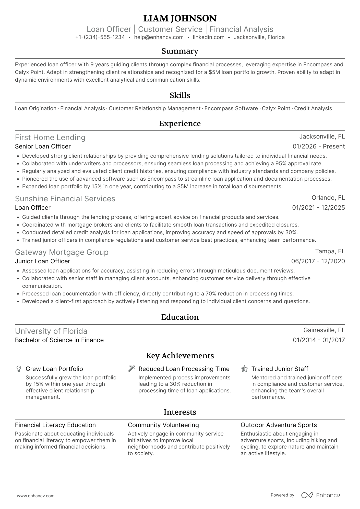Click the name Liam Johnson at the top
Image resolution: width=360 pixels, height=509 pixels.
click(x=180, y=18)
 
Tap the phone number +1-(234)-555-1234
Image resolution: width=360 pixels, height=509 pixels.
click(x=100, y=37)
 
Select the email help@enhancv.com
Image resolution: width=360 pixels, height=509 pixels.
click(x=159, y=37)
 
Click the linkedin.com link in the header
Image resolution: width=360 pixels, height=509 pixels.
click(x=209, y=37)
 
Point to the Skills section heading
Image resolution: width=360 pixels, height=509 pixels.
click(x=180, y=95)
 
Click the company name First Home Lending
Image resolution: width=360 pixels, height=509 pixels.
click(x=50, y=138)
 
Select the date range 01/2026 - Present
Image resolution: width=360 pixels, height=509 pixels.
click(x=319, y=146)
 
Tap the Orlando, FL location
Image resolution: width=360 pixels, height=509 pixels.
click(x=328, y=198)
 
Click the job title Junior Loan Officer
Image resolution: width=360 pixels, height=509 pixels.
click(x=42, y=261)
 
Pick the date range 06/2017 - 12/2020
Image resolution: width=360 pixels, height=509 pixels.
click(x=318, y=261)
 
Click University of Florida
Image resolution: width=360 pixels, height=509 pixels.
click(x=51, y=331)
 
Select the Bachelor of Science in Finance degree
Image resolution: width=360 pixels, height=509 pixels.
click(x=59, y=340)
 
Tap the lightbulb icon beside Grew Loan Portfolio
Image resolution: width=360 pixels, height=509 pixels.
click(x=19, y=369)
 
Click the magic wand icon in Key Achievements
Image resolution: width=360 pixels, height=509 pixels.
click(x=131, y=369)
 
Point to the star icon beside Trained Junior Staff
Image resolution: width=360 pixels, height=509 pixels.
click(x=244, y=369)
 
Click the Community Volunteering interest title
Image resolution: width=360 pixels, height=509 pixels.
click(x=163, y=425)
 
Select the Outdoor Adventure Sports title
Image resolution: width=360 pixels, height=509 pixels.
click(x=279, y=425)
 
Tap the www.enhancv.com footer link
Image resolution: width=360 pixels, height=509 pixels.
click(x=35, y=496)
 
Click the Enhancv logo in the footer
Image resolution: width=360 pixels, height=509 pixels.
click(x=321, y=495)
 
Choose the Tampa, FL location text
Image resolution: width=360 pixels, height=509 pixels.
click(x=330, y=251)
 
